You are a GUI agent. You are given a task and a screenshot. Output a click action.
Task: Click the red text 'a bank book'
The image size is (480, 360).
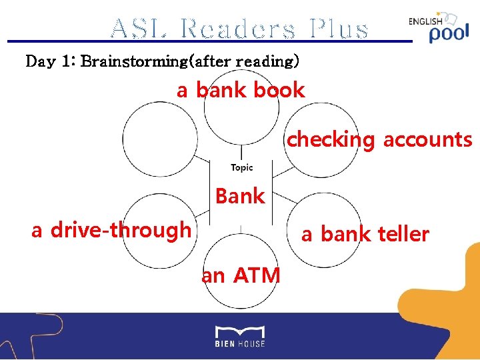tap(241, 90)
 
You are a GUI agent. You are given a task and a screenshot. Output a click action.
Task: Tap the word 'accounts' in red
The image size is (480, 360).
tap(427, 140)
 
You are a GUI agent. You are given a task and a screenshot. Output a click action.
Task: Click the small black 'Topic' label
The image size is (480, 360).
tap(241, 167)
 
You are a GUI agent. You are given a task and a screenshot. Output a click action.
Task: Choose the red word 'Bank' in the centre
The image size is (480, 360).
tap(240, 196)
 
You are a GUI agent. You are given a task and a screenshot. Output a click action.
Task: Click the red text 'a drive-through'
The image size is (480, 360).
tap(111, 230)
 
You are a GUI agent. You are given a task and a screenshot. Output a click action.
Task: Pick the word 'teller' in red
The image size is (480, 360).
tap(403, 234)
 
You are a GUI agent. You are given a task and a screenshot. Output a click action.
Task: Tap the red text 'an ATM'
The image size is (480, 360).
tap(241, 274)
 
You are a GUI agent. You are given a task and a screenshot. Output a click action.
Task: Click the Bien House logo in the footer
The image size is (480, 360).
tap(240, 336)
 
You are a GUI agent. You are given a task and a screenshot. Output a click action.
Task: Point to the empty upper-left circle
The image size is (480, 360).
tap(159, 139)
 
